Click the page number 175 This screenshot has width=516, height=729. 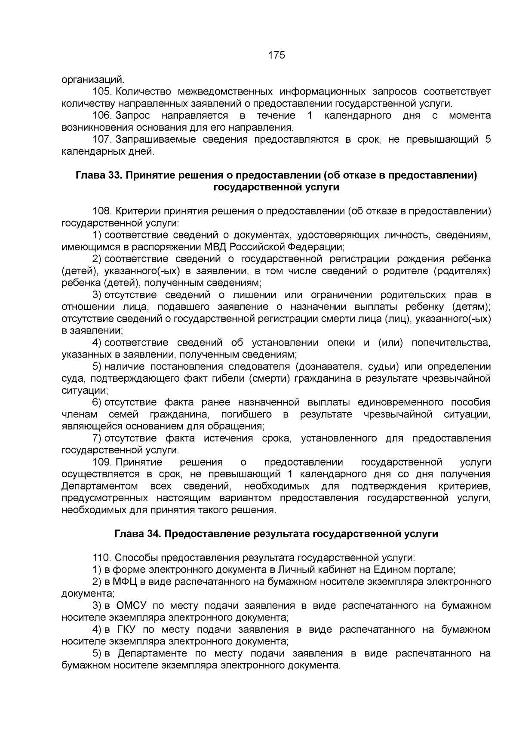click(276, 55)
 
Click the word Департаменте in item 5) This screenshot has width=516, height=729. click(153, 654)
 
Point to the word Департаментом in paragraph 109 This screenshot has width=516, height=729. click(99, 486)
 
